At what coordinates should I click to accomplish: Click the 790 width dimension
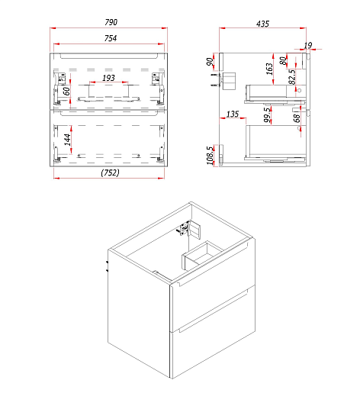(111, 22)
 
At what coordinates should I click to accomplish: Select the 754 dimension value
(111, 38)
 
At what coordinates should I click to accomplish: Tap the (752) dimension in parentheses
(110, 172)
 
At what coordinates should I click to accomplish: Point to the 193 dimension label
(108, 78)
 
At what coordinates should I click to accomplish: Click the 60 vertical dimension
(66, 91)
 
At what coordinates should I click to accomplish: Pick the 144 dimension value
(67, 140)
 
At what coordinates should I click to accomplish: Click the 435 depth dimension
(262, 24)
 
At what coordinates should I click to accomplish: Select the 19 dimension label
(308, 46)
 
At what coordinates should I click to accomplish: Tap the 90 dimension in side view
(210, 62)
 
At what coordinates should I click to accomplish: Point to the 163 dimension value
(269, 69)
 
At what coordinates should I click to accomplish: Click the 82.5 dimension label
(292, 77)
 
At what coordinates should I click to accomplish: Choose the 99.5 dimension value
(267, 114)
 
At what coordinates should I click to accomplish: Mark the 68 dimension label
(297, 118)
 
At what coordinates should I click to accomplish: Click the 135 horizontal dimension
(233, 114)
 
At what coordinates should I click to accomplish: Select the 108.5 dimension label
(210, 156)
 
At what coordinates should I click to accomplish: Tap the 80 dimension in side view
(283, 61)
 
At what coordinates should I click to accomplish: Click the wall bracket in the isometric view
(191, 228)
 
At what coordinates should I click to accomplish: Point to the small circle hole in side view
(299, 90)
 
